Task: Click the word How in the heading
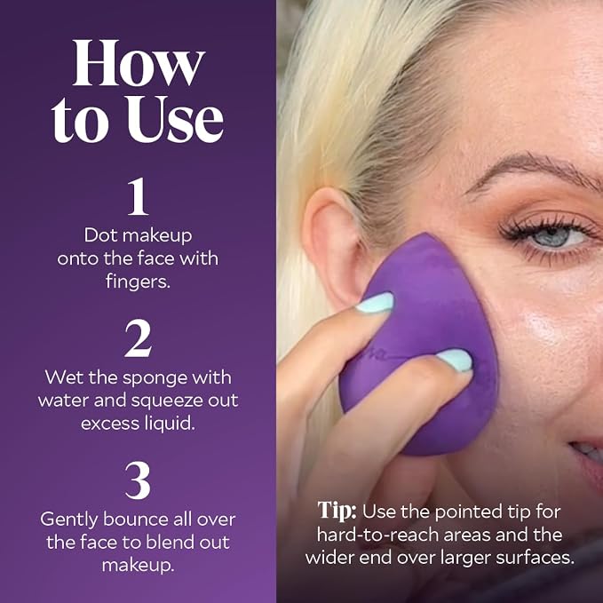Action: pos(138,63)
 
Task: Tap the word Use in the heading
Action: pos(175,119)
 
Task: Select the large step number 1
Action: pos(138,196)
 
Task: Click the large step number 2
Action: pos(138,338)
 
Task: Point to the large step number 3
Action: pos(138,480)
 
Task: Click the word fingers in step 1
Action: pos(138,282)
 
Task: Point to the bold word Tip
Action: pos(337,512)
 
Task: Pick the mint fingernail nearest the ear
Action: pos(375,302)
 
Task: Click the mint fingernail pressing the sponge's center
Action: pos(455,361)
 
